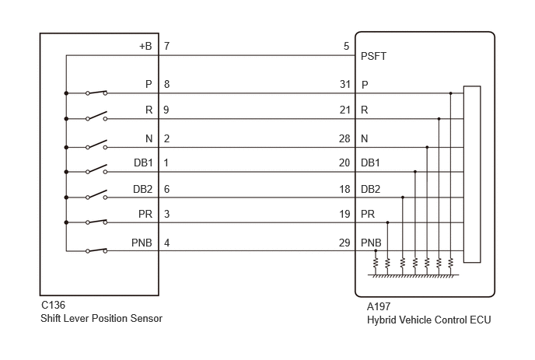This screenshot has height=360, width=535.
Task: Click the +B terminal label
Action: pyautogui.click(x=145, y=46)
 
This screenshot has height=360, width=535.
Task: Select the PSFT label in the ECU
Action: pyautogui.click(x=373, y=56)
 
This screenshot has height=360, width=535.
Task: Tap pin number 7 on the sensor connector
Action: pyautogui.click(x=167, y=46)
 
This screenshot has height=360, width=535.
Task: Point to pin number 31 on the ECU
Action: pyautogui.click(x=345, y=84)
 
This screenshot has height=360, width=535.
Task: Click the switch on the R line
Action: pyautogui.click(x=96, y=116)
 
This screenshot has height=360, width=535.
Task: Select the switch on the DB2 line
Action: pyautogui.click(x=96, y=194)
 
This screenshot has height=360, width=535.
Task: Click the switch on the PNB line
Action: pyautogui.click(x=96, y=250)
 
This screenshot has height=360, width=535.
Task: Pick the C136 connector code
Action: pyautogui.click(x=53, y=305)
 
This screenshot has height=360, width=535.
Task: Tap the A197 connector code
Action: pyautogui.click(x=379, y=307)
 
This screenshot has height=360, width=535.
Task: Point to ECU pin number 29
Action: pyautogui.click(x=344, y=243)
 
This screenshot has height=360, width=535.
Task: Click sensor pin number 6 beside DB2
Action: pyautogui.click(x=167, y=190)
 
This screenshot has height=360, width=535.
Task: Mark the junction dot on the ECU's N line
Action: pyautogui.click(x=427, y=148)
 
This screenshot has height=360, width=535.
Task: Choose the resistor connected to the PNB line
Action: pyautogui.click(x=376, y=263)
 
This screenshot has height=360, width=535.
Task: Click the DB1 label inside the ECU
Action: pyautogui.click(x=370, y=163)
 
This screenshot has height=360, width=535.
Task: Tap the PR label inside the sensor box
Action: pyautogui.click(x=145, y=215)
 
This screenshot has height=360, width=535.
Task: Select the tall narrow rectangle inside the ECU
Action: pyautogui.click(x=472, y=174)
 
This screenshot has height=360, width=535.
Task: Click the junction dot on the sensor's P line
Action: pyautogui.click(x=66, y=93)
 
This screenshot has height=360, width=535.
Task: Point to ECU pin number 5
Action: pyautogui.click(x=346, y=46)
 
